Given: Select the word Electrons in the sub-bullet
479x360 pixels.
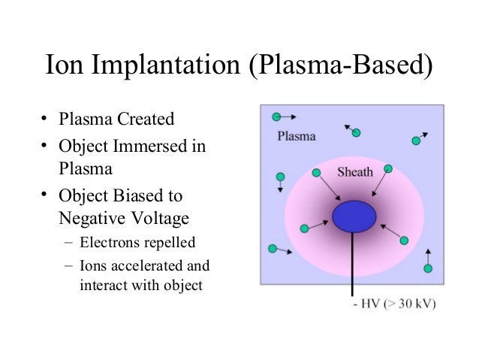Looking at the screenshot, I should click(110, 242).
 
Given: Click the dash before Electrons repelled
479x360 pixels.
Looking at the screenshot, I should click(69, 242).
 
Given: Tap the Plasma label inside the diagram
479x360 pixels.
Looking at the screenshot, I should click(297, 137).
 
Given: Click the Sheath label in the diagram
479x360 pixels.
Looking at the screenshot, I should click(355, 171).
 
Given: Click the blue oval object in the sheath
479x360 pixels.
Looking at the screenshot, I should click(354, 216).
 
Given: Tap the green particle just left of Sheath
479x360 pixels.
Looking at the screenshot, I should click(316, 173).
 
